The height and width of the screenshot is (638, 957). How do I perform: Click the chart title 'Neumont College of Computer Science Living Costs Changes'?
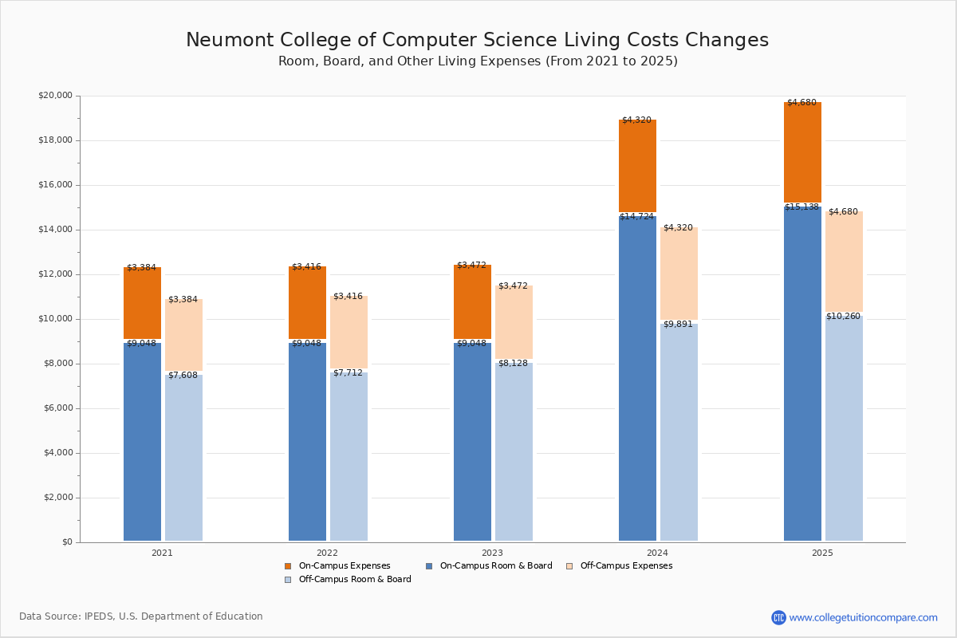(x=477, y=41)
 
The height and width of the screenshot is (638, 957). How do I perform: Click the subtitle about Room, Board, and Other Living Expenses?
(x=478, y=61)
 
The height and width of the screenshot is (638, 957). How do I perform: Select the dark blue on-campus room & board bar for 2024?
(x=637, y=379)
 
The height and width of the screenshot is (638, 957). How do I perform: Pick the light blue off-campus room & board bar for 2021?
(x=183, y=459)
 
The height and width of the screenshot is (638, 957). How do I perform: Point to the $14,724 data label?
(x=636, y=216)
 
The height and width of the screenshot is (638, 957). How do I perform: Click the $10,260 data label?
(x=843, y=317)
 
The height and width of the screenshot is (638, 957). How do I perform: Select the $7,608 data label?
(x=183, y=376)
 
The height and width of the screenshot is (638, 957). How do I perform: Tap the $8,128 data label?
(x=513, y=364)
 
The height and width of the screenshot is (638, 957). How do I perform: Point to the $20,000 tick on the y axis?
(x=55, y=96)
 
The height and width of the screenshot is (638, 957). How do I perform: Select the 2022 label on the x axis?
(x=327, y=553)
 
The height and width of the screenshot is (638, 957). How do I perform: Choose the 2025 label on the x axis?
(x=822, y=553)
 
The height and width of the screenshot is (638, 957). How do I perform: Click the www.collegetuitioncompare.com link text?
(x=863, y=617)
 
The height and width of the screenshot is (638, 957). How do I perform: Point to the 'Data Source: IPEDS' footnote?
(x=141, y=616)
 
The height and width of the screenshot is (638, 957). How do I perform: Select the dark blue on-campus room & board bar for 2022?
(x=307, y=443)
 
